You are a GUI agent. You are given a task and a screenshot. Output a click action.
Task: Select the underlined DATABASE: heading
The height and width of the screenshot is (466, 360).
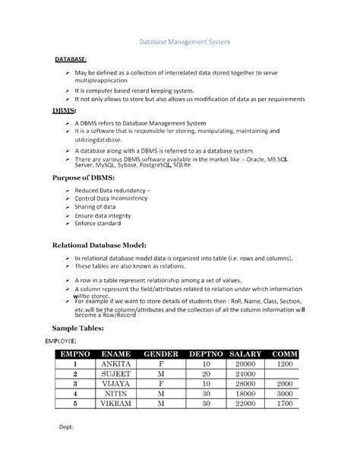(x=71, y=59)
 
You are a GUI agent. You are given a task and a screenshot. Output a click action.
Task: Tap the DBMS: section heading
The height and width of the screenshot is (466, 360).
(x=63, y=112)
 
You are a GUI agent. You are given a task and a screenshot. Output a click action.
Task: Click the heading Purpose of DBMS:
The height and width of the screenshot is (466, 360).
(x=86, y=177)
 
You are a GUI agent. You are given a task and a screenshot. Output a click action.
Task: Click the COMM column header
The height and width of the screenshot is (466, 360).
(x=285, y=355)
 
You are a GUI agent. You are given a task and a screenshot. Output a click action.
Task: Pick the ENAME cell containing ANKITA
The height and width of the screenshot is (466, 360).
(x=121, y=365)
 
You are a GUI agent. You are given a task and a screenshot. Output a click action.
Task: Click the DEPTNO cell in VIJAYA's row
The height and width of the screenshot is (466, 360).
(x=205, y=385)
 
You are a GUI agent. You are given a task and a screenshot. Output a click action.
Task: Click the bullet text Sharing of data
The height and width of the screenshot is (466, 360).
(x=95, y=207)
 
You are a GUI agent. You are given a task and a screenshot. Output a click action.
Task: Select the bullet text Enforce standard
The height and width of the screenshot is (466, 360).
(x=97, y=224)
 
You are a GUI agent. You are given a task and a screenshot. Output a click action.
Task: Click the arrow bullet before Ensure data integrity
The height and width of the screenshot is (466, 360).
(x=67, y=216)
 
